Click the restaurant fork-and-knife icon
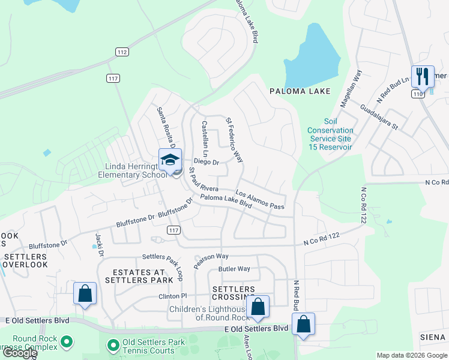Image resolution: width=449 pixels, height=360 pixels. click(x=423, y=76)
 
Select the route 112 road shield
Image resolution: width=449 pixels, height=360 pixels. click(x=122, y=52)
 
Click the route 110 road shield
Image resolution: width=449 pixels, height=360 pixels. click(x=418, y=94)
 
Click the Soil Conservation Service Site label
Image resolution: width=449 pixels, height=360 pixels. click(x=330, y=139)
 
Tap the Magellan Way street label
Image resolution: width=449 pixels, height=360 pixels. click(x=351, y=89)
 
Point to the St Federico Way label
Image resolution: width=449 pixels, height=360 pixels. click(x=234, y=140)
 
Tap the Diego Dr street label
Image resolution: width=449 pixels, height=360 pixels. click(x=206, y=162)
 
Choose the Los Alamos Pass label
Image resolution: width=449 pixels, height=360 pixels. click(x=259, y=200)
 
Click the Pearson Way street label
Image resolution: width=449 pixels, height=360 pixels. click(x=211, y=260)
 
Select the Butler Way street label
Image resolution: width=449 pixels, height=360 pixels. click(x=234, y=269)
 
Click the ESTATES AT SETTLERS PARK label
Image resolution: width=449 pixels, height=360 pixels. click(x=135, y=276)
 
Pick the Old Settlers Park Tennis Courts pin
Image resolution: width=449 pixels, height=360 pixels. click(x=113, y=345)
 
